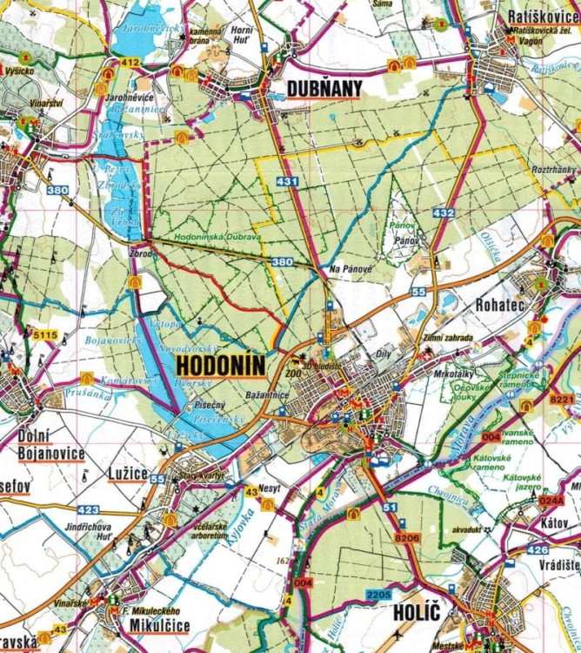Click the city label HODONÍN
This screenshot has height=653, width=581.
(219, 365)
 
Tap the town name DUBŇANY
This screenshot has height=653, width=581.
(324, 89)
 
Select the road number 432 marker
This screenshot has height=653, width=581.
(443, 212)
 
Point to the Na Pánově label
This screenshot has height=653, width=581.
(351, 271)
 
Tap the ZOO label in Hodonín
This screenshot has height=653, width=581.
(292, 373)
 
